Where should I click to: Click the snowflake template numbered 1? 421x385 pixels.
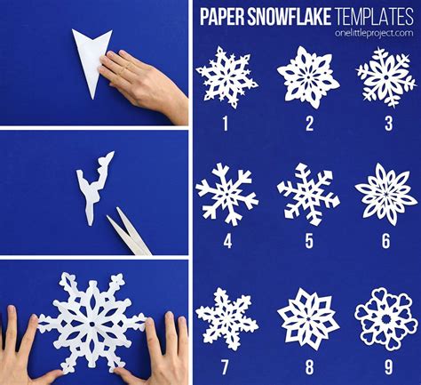point(226,78)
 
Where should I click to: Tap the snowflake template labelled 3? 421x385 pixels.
point(385,76)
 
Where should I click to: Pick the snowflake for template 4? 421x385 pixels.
point(226,190)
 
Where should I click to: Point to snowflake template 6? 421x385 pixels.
point(385,190)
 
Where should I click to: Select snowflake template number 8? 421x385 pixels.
point(307,313)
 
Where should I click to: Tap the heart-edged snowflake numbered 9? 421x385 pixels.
point(385,313)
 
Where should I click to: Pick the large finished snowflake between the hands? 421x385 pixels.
point(92,320)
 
